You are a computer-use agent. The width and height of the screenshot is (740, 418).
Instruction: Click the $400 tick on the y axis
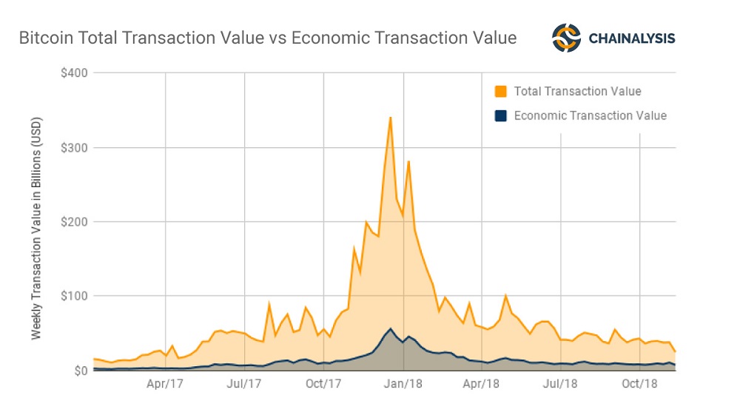[x=75, y=73]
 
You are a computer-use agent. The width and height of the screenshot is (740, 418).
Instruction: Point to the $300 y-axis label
[x=75, y=147]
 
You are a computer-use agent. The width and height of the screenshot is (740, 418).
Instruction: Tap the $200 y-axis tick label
[x=75, y=222]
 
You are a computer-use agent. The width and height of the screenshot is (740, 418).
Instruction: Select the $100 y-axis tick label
[x=75, y=296]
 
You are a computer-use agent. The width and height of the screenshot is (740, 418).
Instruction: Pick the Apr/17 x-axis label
[x=164, y=384]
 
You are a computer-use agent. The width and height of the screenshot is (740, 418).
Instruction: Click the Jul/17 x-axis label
[x=244, y=384]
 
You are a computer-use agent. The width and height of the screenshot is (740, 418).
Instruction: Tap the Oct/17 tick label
[x=323, y=384]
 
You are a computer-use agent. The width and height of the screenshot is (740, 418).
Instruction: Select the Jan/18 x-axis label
[x=403, y=384]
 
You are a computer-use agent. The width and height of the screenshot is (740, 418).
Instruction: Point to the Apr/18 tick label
[x=482, y=384]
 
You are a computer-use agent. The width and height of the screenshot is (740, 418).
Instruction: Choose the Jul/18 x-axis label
[x=560, y=384]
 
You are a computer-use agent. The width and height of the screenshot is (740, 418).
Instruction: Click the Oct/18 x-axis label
[x=639, y=384]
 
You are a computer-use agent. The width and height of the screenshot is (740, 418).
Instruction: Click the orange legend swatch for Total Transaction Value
[x=501, y=92]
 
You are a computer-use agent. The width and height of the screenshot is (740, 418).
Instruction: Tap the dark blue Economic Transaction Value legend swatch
[x=501, y=115]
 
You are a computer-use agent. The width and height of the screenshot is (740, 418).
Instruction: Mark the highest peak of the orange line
[x=390, y=118]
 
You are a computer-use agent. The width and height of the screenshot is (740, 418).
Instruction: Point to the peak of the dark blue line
[x=390, y=328]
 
